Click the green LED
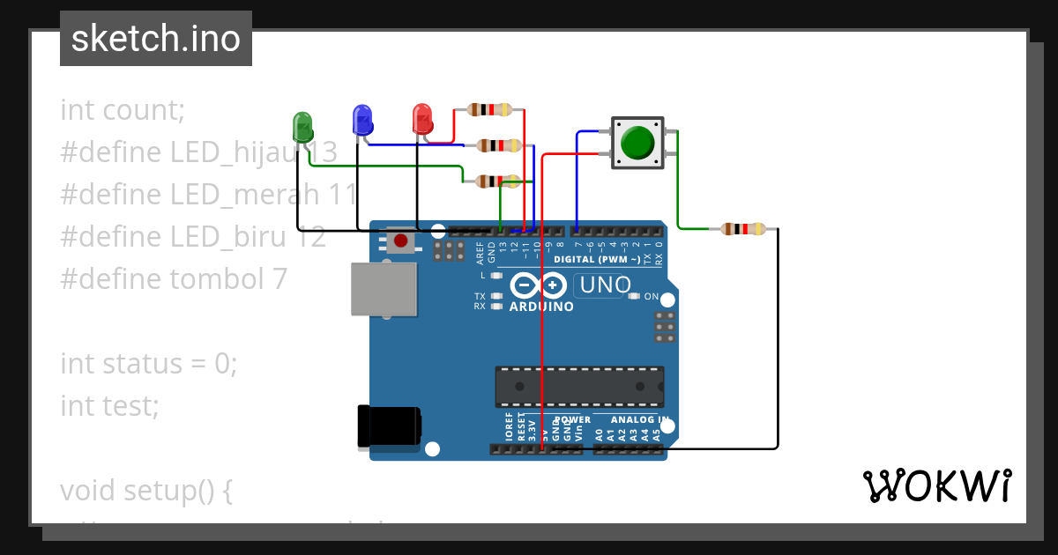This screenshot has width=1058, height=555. pos(302,126)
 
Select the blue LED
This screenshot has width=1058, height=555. pos(361,120)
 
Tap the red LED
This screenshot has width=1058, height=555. pos(421,119)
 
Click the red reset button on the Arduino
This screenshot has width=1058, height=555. pos(400,240)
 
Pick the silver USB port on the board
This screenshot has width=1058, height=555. pos(384,288)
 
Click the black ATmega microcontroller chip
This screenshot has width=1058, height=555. pos(579,387)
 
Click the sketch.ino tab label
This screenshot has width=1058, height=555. pos(156,39)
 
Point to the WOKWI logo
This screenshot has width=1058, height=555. pos(936,485)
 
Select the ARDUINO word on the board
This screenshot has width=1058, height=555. pos(541,307)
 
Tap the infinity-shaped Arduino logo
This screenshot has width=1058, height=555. pos(538,285)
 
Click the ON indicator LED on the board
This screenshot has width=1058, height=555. pos(634,296)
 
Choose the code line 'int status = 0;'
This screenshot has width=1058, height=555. pos(149,363)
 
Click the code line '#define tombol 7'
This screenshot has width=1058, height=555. pos(174,278)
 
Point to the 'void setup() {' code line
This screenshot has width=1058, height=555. pos(146,490)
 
